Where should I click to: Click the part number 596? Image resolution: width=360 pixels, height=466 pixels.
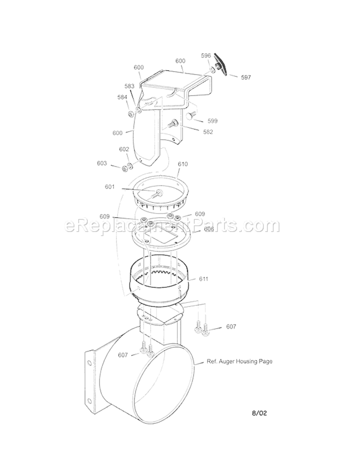point(206,56)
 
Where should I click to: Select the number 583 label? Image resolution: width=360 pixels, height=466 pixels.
point(130,86)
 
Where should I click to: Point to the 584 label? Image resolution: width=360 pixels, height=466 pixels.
point(122,97)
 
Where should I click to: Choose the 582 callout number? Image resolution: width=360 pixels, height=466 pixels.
point(208,132)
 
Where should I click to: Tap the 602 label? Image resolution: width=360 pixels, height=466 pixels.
point(124,149)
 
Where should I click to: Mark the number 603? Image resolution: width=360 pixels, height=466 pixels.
point(102,164)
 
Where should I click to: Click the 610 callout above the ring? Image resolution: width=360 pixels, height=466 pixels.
point(182,164)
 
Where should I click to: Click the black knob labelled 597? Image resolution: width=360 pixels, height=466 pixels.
point(222,65)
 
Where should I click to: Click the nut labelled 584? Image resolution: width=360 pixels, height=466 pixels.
point(131,114)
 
